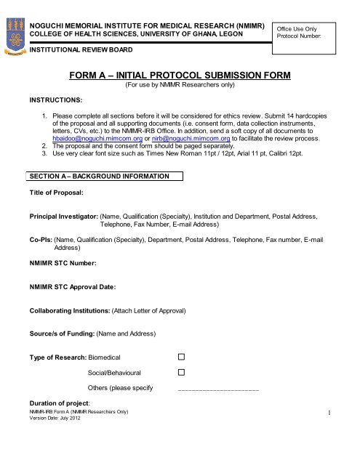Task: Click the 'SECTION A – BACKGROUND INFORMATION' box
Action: [x=105, y=176]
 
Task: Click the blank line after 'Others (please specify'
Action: [x=218, y=389]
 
